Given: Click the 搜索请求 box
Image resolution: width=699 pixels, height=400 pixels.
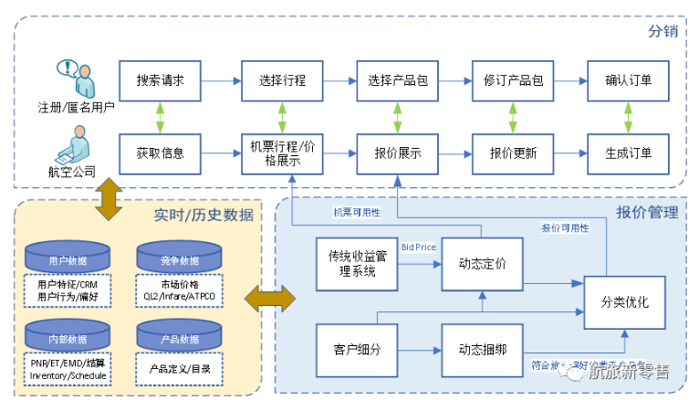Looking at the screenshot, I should click(x=160, y=79).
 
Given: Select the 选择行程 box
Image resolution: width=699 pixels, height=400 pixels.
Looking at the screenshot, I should click(x=281, y=79).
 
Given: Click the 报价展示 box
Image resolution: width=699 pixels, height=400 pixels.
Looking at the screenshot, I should click(x=397, y=153).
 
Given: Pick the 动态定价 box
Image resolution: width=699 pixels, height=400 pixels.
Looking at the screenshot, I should click(x=482, y=261).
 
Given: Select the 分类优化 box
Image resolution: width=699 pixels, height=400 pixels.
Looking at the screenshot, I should click(x=624, y=302).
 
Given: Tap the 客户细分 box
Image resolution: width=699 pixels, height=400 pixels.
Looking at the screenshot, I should click(x=350, y=348).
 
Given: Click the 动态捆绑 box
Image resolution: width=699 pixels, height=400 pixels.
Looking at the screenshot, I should click(x=482, y=348).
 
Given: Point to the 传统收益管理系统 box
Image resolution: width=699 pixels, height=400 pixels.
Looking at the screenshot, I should click(x=351, y=263).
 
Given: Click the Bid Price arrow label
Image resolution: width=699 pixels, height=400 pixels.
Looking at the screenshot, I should click(x=419, y=247).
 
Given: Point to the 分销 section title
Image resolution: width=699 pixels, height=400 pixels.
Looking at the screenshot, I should click(x=662, y=31).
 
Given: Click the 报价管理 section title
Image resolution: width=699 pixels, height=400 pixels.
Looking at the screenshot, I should click(x=647, y=213).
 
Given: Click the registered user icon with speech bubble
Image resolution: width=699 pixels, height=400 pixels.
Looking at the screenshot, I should click(x=76, y=77).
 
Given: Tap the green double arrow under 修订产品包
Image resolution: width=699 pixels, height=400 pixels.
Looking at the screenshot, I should click(x=512, y=116).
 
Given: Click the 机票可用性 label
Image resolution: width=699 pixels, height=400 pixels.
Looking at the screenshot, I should click(x=356, y=212).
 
